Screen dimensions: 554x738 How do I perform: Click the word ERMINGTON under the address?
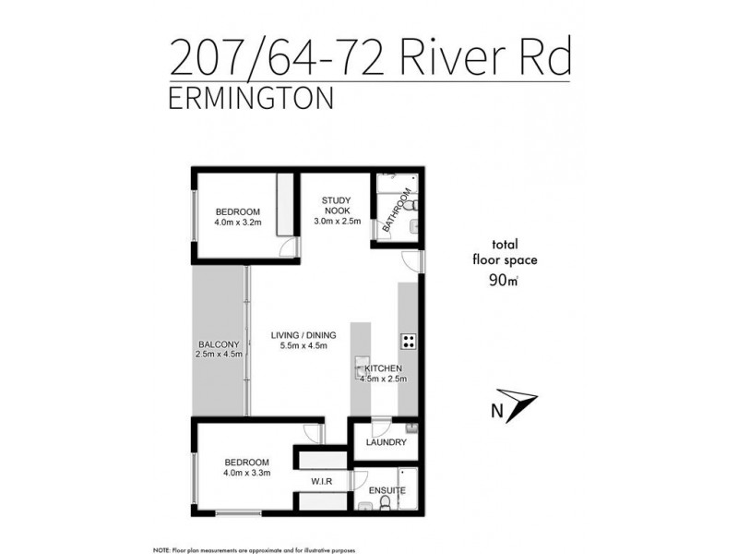click(x=250, y=99)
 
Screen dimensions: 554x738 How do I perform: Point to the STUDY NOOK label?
click(x=334, y=205)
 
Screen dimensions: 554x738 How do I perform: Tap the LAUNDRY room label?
click(x=386, y=442)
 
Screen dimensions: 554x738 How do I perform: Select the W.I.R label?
click(x=321, y=481)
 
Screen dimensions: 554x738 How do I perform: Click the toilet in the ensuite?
click(x=399, y=502)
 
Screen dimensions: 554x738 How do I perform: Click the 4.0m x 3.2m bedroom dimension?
click(x=238, y=222)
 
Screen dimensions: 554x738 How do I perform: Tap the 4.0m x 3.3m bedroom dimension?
click(x=245, y=474)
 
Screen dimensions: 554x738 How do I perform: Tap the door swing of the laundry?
click(x=381, y=428)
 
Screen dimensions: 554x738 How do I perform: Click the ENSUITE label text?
click(x=386, y=492)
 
